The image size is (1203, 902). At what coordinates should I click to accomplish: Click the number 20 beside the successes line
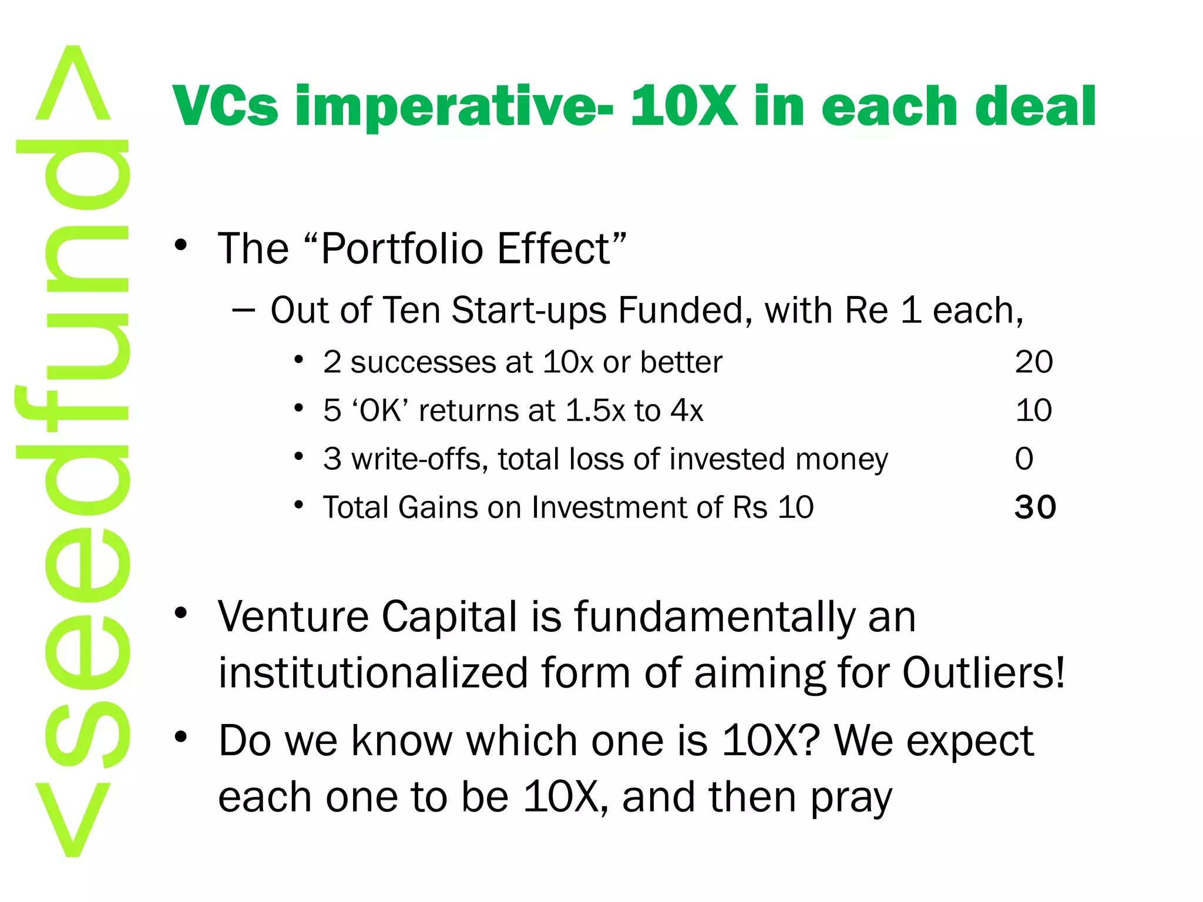(x=1034, y=362)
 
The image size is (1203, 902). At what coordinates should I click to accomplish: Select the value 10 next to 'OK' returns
(x=1033, y=410)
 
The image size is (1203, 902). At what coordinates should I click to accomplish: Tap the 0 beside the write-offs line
(x=1024, y=459)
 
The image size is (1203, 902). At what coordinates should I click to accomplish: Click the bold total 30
(x=1035, y=507)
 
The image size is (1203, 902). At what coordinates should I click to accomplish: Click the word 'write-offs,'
(x=419, y=459)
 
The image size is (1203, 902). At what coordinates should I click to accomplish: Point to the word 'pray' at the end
(x=851, y=799)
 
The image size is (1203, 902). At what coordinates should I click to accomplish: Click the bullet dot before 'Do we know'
(x=181, y=736)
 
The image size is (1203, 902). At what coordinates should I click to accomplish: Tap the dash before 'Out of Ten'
(x=243, y=309)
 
